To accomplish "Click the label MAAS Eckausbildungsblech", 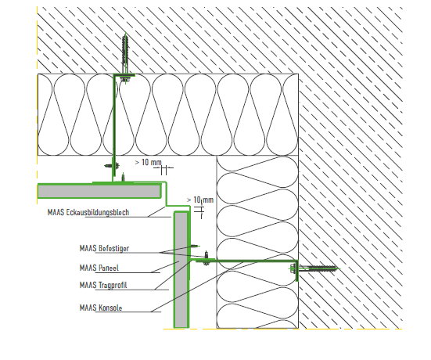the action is click(x=88, y=212).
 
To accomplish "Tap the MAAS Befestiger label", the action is click(x=104, y=248).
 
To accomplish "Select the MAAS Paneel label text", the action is click(x=99, y=268).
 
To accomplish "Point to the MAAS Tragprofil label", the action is click(x=103, y=285).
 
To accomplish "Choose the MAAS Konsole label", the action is click(x=101, y=308).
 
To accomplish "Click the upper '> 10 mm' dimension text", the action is click(x=148, y=163).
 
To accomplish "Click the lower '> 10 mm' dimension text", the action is click(x=200, y=200).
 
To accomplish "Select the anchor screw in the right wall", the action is click(x=315, y=268).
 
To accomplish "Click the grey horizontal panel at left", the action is click(x=99, y=191).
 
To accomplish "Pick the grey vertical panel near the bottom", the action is click(x=181, y=270).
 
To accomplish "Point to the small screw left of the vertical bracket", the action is click(x=112, y=166).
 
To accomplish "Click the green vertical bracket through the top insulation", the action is click(x=114, y=128).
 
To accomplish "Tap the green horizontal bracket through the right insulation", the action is click(x=247, y=261).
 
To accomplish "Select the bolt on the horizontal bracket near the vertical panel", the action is click(x=207, y=259).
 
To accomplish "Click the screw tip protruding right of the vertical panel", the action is click(x=195, y=246).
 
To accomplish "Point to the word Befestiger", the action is click(x=113, y=248).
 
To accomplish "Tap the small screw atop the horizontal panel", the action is click(x=124, y=178).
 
